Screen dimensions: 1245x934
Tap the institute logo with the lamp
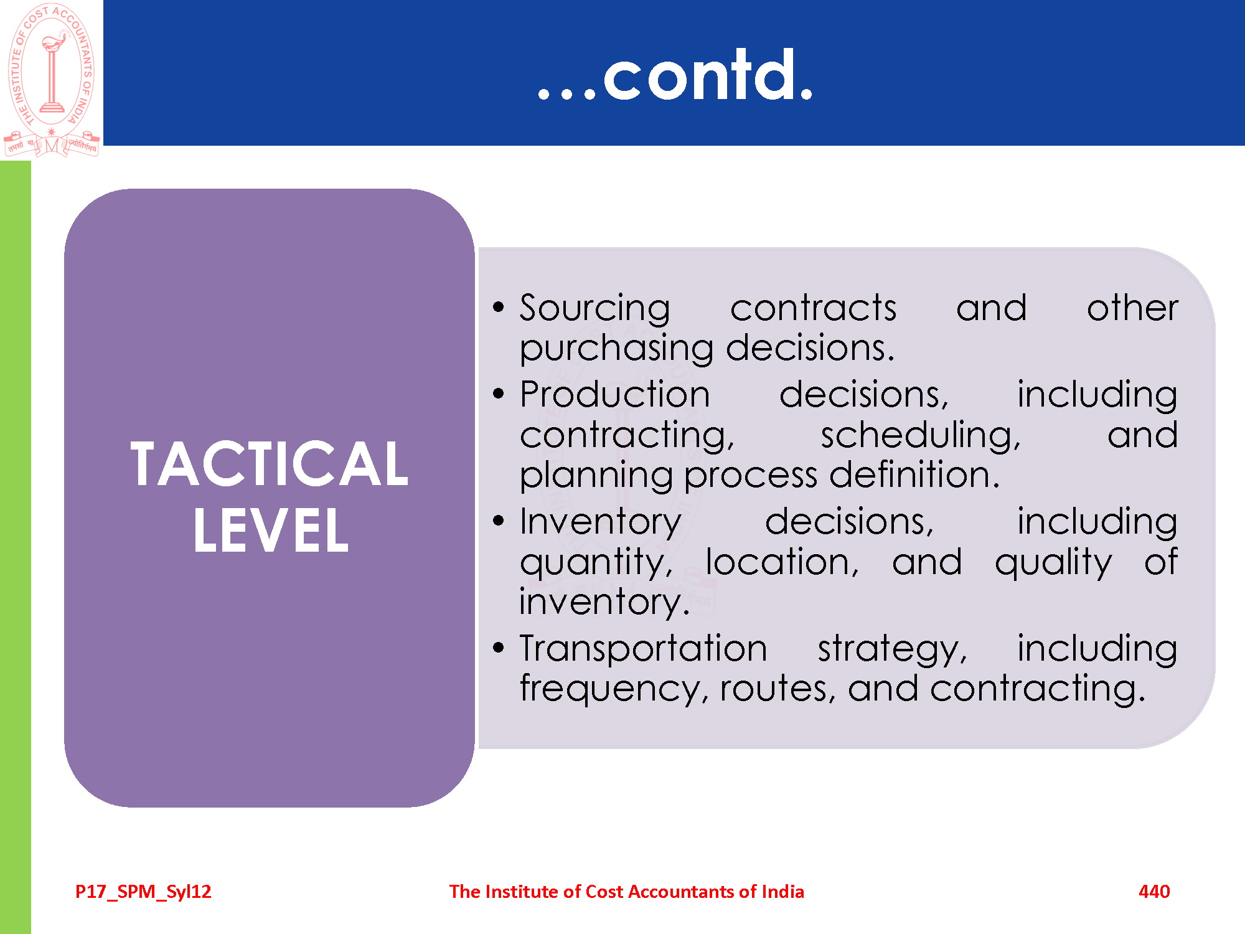52,80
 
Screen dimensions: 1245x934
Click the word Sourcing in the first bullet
595,308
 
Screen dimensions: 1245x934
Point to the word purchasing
616,349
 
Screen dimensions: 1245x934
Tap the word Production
615,395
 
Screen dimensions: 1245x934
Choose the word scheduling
921,435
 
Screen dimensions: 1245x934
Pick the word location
782,562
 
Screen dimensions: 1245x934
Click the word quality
1053,564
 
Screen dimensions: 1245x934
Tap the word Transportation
644,648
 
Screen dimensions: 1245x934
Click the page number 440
1154,892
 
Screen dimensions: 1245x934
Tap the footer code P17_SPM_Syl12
143,892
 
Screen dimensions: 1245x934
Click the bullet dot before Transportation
498,648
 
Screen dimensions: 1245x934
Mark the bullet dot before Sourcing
498,306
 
